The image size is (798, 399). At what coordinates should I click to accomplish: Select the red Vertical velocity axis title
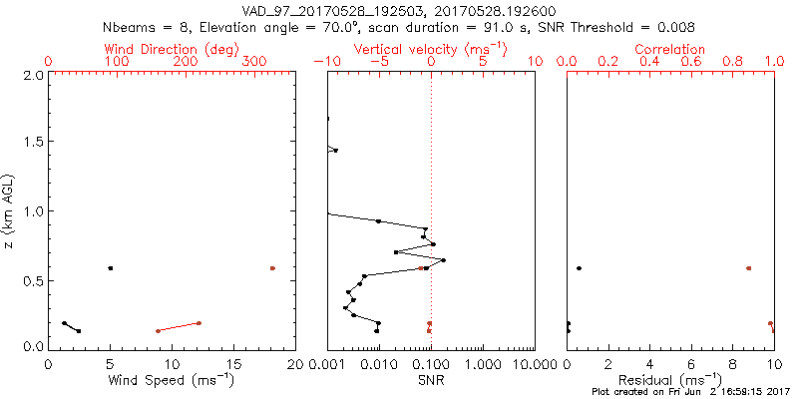[430, 49]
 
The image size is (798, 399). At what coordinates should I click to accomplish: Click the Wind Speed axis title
[172, 380]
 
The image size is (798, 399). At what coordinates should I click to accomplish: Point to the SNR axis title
[430, 380]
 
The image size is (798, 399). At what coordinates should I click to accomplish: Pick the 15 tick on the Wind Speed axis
[233, 363]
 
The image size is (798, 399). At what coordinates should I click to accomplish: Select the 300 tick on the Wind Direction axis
[254, 62]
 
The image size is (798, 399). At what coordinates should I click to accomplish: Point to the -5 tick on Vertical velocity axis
[378, 62]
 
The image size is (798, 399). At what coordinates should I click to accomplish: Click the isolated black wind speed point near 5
[111, 268]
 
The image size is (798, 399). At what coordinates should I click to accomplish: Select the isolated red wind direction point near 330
[272, 268]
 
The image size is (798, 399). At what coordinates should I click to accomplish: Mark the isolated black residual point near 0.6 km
[580, 268]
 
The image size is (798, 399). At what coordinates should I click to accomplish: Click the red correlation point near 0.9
[749, 268]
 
